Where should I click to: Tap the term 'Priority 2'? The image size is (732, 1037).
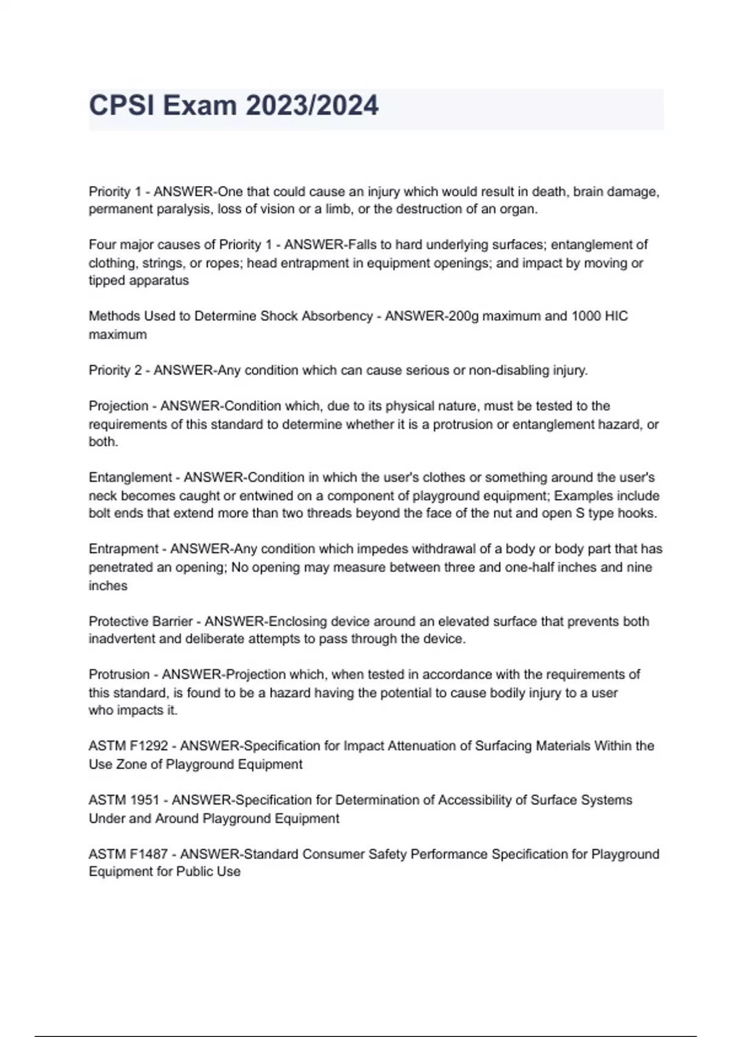(x=115, y=370)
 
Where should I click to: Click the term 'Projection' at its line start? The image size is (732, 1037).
(x=118, y=406)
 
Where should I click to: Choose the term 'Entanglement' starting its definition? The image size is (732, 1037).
(x=131, y=477)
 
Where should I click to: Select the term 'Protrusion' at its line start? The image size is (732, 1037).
(x=119, y=675)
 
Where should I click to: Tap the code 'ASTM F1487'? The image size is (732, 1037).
(x=128, y=854)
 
